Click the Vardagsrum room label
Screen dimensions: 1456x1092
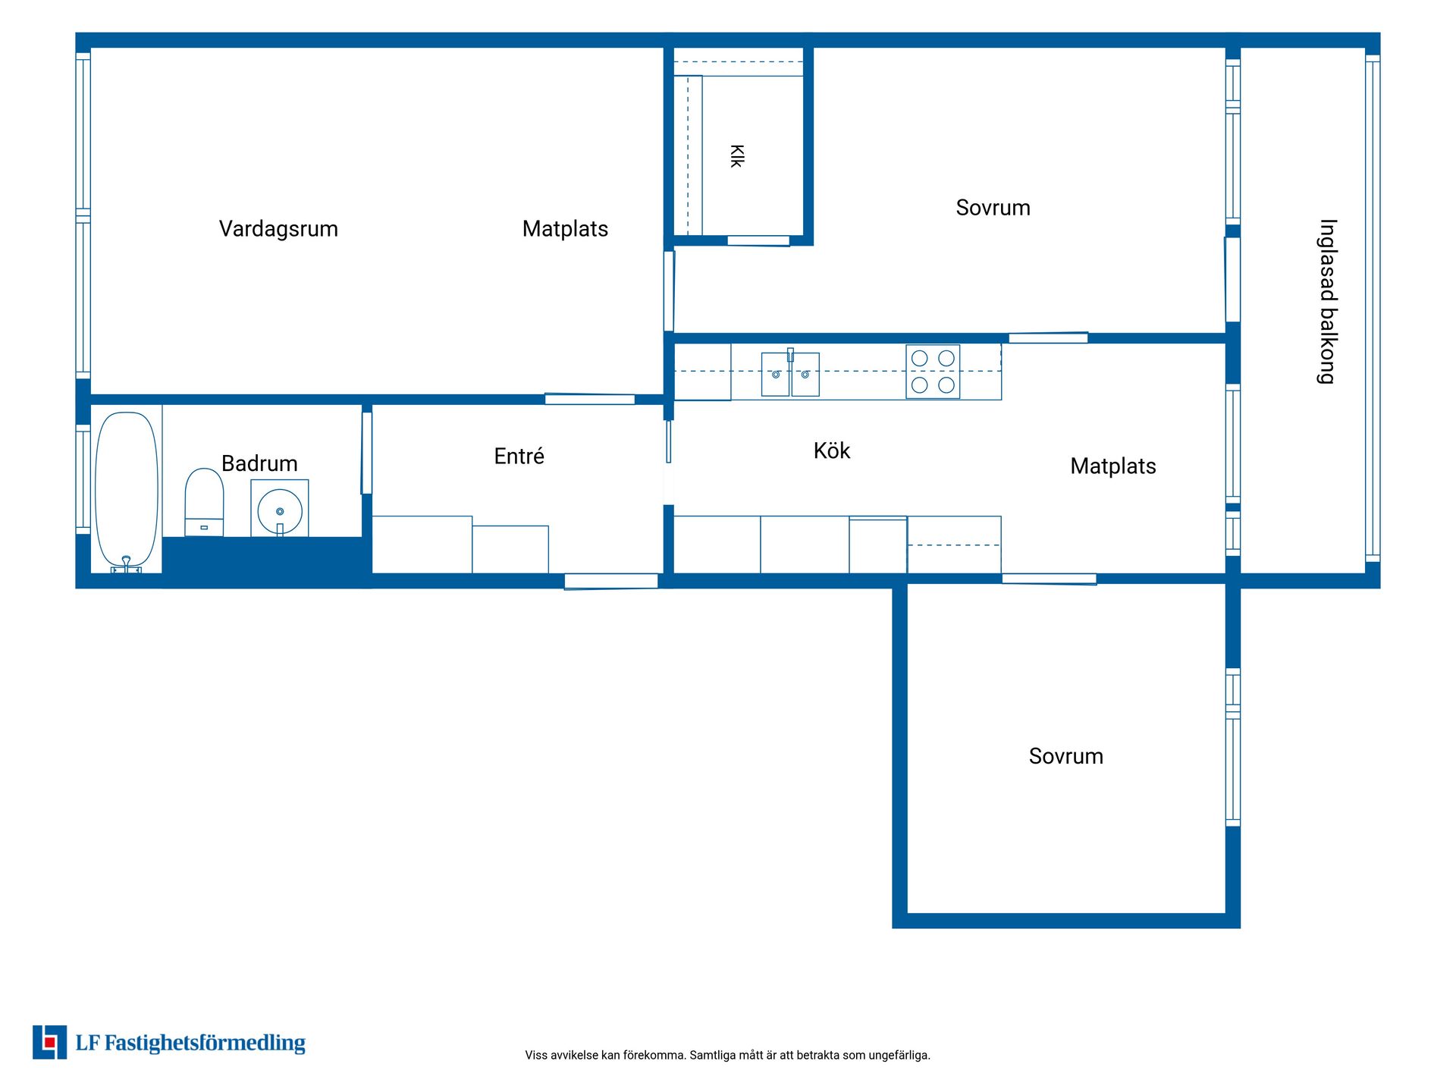(x=278, y=229)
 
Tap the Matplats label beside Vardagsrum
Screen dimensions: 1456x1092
(x=565, y=229)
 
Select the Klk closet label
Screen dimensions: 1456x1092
(x=736, y=156)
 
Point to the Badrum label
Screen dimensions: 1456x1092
(x=259, y=463)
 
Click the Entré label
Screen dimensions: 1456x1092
(x=519, y=456)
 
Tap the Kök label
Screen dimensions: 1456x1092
(x=832, y=450)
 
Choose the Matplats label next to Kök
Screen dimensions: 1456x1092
(x=1113, y=466)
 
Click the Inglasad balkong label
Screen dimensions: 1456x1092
(x=1328, y=302)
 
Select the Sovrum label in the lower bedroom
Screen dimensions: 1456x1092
(x=1065, y=756)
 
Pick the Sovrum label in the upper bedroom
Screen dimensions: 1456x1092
(x=993, y=208)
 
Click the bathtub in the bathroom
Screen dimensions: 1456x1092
(x=127, y=491)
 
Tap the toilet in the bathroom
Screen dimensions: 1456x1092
(x=204, y=502)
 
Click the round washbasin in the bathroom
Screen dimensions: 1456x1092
(x=280, y=510)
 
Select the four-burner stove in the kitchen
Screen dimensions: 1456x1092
(x=933, y=372)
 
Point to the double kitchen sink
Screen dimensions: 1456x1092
(x=790, y=373)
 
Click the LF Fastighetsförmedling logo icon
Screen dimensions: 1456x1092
(x=49, y=1042)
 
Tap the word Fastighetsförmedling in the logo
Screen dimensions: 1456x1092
(x=205, y=1043)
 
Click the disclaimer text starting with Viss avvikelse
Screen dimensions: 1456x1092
(x=727, y=1055)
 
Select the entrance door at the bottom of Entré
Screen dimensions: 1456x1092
(x=611, y=581)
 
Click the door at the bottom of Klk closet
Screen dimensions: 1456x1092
(x=758, y=241)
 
